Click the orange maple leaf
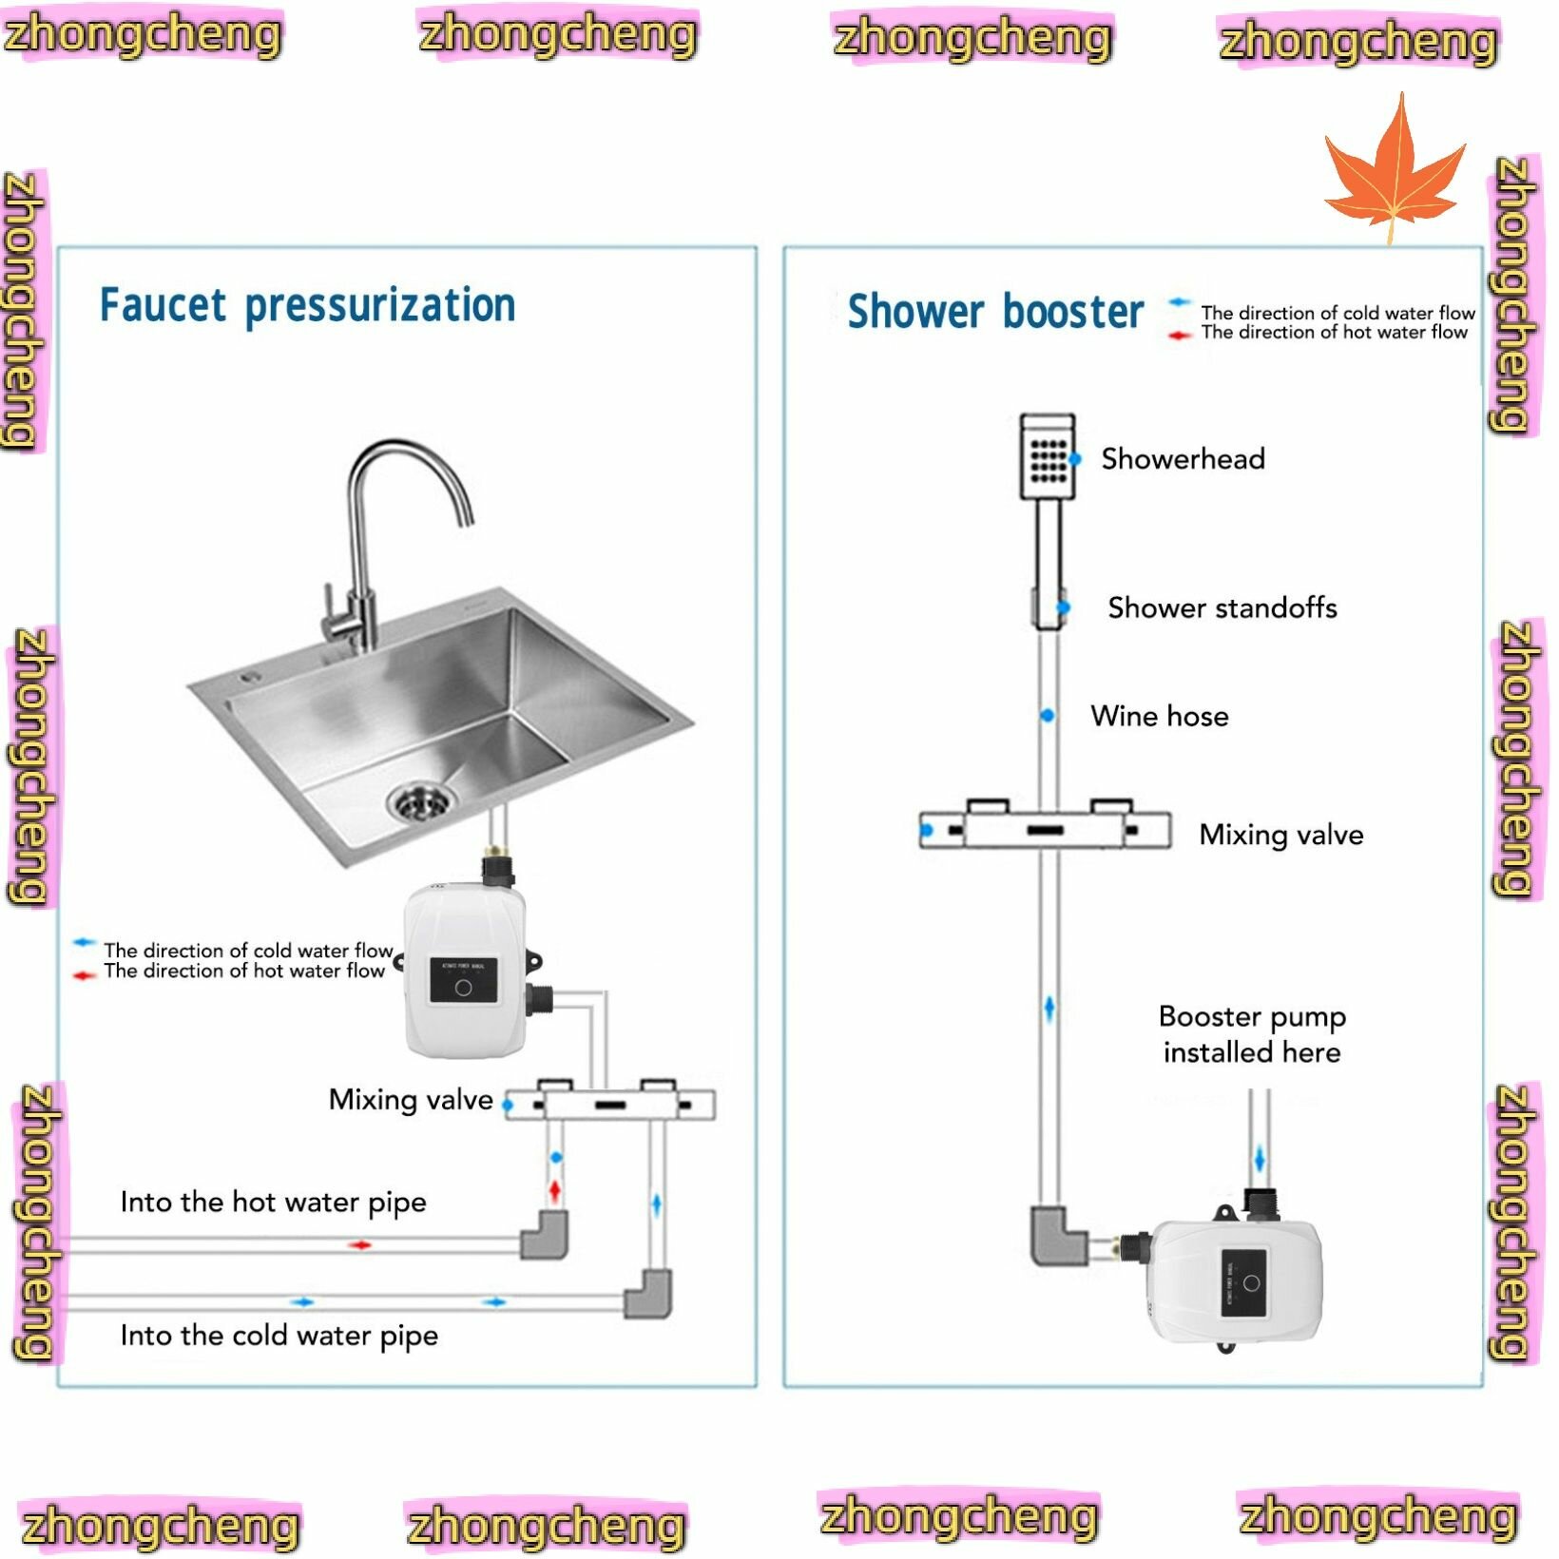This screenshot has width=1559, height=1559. coord(1394,171)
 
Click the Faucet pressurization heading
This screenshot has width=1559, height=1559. coord(307,306)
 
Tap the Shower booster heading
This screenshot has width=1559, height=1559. coord(994,312)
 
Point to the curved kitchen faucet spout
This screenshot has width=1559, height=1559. coord(409,466)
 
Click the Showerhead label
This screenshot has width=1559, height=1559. coord(1183,459)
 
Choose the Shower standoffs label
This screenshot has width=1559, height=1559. coord(1222,607)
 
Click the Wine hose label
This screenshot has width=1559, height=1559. coord(1159,716)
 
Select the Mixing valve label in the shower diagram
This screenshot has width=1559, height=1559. coord(1280,835)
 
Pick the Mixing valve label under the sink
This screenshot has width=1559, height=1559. coord(411,1100)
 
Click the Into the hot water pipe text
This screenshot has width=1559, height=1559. coord(273,1202)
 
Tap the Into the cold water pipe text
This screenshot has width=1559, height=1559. coord(279,1336)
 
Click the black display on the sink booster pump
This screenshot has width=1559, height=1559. coord(463,981)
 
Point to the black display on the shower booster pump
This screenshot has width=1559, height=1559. coord(1244,1282)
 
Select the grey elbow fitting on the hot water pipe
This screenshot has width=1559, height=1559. coord(545,1234)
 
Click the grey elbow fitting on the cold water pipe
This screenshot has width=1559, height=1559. coord(648,1294)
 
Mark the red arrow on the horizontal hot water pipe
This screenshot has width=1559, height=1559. coord(360,1245)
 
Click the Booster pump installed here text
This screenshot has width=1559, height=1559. coord(1251,1034)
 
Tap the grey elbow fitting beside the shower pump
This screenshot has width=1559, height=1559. coord(1056,1235)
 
